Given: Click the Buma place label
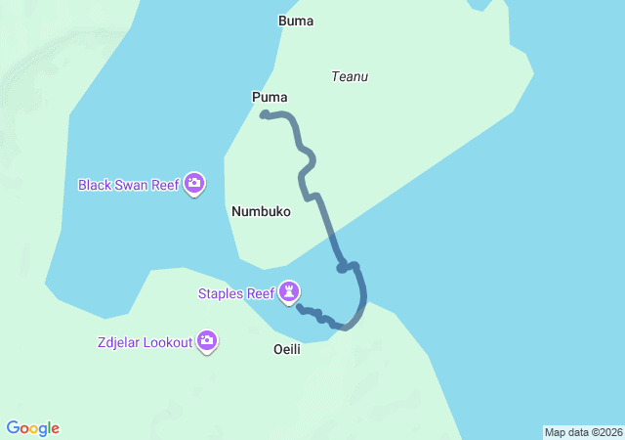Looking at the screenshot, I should point(296,21).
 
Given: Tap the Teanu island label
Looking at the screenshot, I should point(350,76).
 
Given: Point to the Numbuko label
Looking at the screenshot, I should point(261,211).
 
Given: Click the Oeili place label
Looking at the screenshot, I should point(286,349).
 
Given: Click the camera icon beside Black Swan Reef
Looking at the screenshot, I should point(194,183).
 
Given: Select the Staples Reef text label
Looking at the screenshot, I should point(235,292).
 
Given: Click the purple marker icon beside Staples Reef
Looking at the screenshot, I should point(289,291).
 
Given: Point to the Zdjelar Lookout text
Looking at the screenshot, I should point(144,342).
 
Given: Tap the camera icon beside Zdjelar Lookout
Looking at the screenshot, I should point(207,341).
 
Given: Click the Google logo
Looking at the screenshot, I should point(33,428).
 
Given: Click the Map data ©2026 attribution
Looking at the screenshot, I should point(582,432).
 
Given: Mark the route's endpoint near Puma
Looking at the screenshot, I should point(264,115).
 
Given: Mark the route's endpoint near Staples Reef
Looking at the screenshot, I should point(299,308).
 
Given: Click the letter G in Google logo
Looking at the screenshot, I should point(14,428).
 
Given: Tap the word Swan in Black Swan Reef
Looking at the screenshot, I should point(134,184).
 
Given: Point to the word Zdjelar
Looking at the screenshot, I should point(117,342).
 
